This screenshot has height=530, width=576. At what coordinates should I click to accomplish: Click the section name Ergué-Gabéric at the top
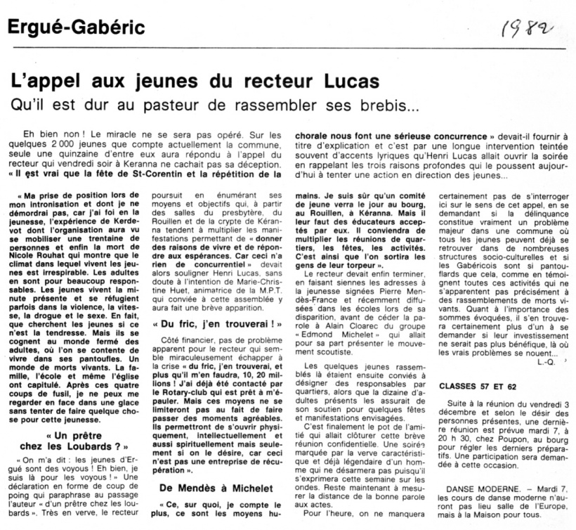click(77, 29)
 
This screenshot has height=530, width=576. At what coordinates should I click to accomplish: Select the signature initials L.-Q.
click(545, 363)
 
